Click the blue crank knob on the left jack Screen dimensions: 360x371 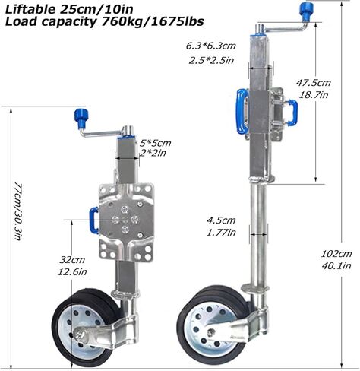click(82, 118)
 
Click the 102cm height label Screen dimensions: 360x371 click(336, 253)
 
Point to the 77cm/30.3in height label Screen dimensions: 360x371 click(18, 211)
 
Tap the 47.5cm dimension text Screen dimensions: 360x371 click(314, 83)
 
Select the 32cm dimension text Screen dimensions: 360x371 click(72, 260)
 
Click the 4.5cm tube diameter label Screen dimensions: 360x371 click(221, 220)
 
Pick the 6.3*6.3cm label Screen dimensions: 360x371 click(211, 46)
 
